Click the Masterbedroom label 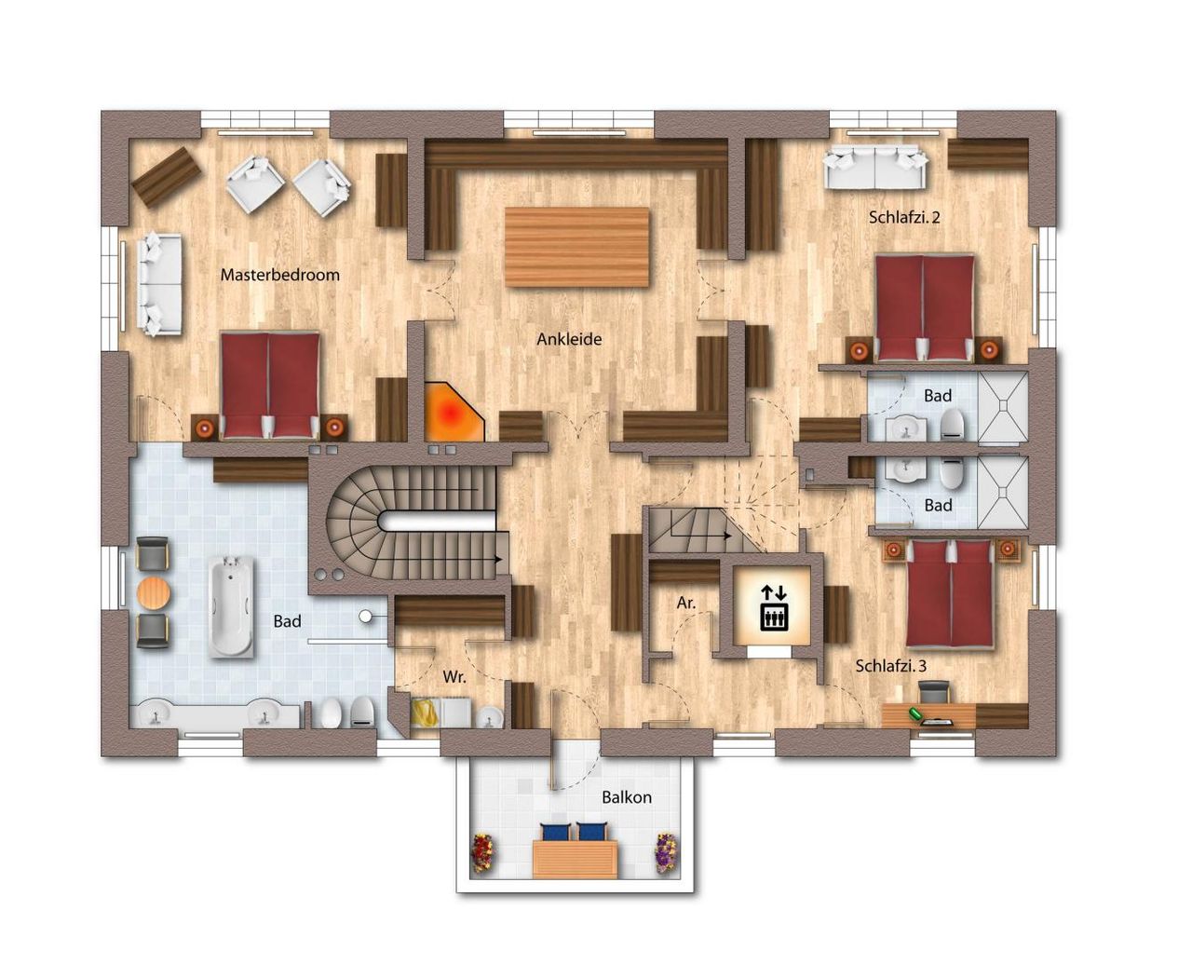coord(279,275)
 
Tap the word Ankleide coord(569,339)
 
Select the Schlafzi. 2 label coord(904,217)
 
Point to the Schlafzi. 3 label coord(891,666)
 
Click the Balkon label coord(627,797)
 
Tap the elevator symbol coord(774,607)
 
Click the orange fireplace coord(454,412)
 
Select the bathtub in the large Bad coord(231,605)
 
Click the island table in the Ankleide coord(577,247)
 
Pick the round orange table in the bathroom coord(154,593)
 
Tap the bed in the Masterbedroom coord(270,386)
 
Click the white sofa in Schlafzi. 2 coord(874,167)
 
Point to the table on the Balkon coord(576,860)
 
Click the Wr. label coord(454,677)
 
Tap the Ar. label coord(686,603)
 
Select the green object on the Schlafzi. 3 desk coord(916,713)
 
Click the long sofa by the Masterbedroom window coord(160,284)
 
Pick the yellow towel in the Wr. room coord(425,713)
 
